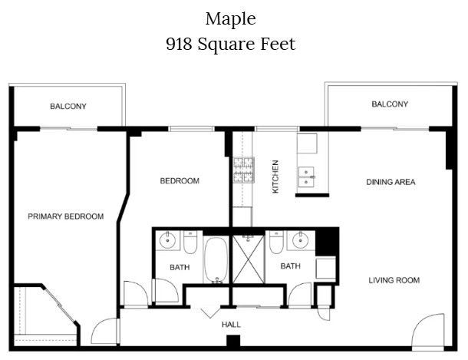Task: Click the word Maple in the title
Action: (x=230, y=19)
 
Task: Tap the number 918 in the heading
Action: (x=179, y=44)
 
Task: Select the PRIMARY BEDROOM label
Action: (x=66, y=216)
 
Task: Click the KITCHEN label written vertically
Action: (x=275, y=177)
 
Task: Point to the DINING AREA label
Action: (x=391, y=182)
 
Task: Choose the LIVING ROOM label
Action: (x=394, y=280)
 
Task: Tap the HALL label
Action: (x=231, y=325)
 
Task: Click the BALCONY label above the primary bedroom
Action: (x=68, y=106)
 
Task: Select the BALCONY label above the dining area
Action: (x=390, y=104)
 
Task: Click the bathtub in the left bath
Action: (x=216, y=259)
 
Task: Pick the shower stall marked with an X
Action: (x=249, y=259)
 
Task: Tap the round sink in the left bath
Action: (x=167, y=239)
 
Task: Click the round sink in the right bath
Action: (x=300, y=240)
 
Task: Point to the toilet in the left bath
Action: (x=190, y=242)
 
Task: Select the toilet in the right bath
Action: (x=276, y=242)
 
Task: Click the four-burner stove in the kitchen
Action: (x=244, y=170)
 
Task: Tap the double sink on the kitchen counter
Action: (x=306, y=177)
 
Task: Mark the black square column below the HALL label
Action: (x=233, y=341)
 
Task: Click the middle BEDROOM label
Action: (x=180, y=181)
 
